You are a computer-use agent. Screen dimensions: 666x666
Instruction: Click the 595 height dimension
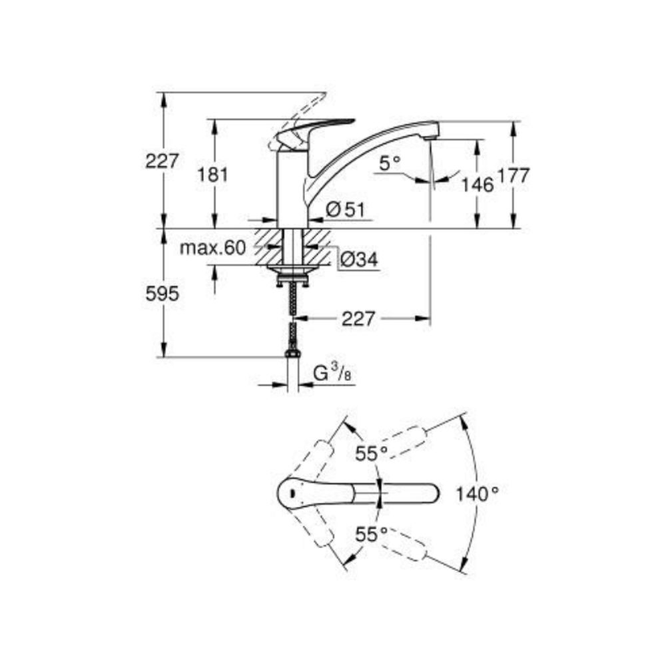(x=163, y=294)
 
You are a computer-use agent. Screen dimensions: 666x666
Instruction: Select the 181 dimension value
(x=214, y=175)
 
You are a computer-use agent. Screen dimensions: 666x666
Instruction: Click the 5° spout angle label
(x=392, y=161)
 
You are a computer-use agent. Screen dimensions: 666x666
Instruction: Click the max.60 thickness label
(x=212, y=248)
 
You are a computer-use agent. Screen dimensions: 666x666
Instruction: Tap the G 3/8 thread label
(x=332, y=374)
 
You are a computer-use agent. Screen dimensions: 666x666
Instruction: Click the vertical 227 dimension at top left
(x=163, y=161)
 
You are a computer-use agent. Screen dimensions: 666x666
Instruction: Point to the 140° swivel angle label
(x=478, y=494)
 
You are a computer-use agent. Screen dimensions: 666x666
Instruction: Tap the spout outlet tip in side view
(x=432, y=135)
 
